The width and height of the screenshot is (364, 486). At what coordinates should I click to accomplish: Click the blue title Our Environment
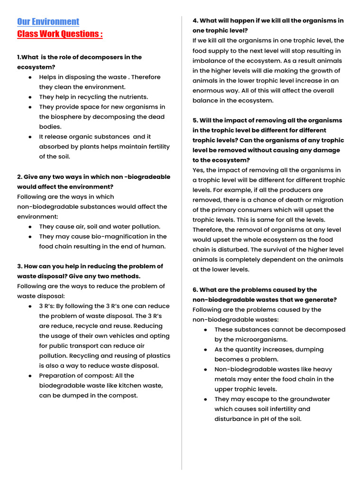pos(48,22)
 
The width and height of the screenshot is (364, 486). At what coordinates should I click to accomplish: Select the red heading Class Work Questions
pos(60,34)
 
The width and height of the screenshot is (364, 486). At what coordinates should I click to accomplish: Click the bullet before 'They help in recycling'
pos(30,97)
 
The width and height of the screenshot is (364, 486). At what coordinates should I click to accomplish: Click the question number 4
pos(195,20)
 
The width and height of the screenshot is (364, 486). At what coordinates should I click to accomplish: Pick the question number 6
pos(195,290)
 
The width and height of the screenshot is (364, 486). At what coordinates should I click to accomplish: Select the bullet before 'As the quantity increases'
pos(205,349)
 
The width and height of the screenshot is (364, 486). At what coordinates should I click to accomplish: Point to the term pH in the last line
pos(265,419)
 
